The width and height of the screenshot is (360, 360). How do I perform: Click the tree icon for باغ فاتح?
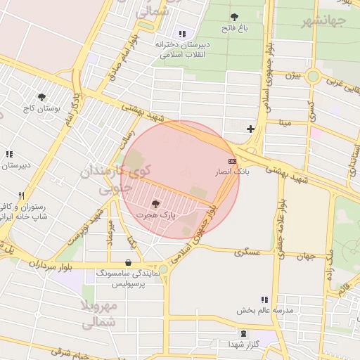point(233,17)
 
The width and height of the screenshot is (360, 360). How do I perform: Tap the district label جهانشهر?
point(324,20)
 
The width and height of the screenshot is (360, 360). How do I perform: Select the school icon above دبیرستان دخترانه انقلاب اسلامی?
point(182,33)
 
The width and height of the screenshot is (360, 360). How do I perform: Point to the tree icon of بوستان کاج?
point(42,98)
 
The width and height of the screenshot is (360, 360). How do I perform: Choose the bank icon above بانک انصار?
point(232,161)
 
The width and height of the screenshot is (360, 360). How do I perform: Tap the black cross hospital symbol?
point(250,129)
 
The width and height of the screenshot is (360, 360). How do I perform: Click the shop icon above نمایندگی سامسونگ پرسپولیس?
point(127,262)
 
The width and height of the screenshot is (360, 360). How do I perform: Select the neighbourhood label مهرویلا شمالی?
point(98,314)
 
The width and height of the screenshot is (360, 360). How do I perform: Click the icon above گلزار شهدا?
point(243,333)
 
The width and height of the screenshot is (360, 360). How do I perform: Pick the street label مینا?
point(285,122)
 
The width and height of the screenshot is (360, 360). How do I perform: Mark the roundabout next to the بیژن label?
point(312,75)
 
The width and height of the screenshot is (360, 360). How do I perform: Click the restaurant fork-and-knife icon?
point(22,196)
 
